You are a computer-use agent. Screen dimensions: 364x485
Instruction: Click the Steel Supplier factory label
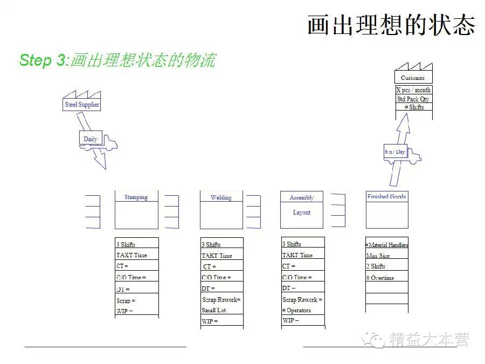click(x=82, y=105)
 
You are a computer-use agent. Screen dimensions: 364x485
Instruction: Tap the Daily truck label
click(x=91, y=139)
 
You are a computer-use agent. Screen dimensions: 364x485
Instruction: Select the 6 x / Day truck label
click(x=395, y=152)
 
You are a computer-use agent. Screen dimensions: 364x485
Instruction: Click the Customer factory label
click(x=413, y=78)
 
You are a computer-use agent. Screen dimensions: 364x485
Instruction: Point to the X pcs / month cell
click(x=413, y=90)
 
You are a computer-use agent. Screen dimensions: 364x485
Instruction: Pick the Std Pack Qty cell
click(x=413, y=99)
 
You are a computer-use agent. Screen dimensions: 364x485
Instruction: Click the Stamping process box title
click(x=136, y=197)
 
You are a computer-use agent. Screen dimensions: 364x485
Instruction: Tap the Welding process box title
click(x=221, y=197)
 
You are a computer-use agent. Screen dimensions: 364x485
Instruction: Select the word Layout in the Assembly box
click(x=302, y=212)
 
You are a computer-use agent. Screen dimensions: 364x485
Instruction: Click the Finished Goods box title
click(x=386, y=196)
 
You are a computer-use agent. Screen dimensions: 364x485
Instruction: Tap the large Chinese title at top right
click(x=391, y=25)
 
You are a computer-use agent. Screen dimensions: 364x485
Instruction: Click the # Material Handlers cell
click(x=387, y=245)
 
